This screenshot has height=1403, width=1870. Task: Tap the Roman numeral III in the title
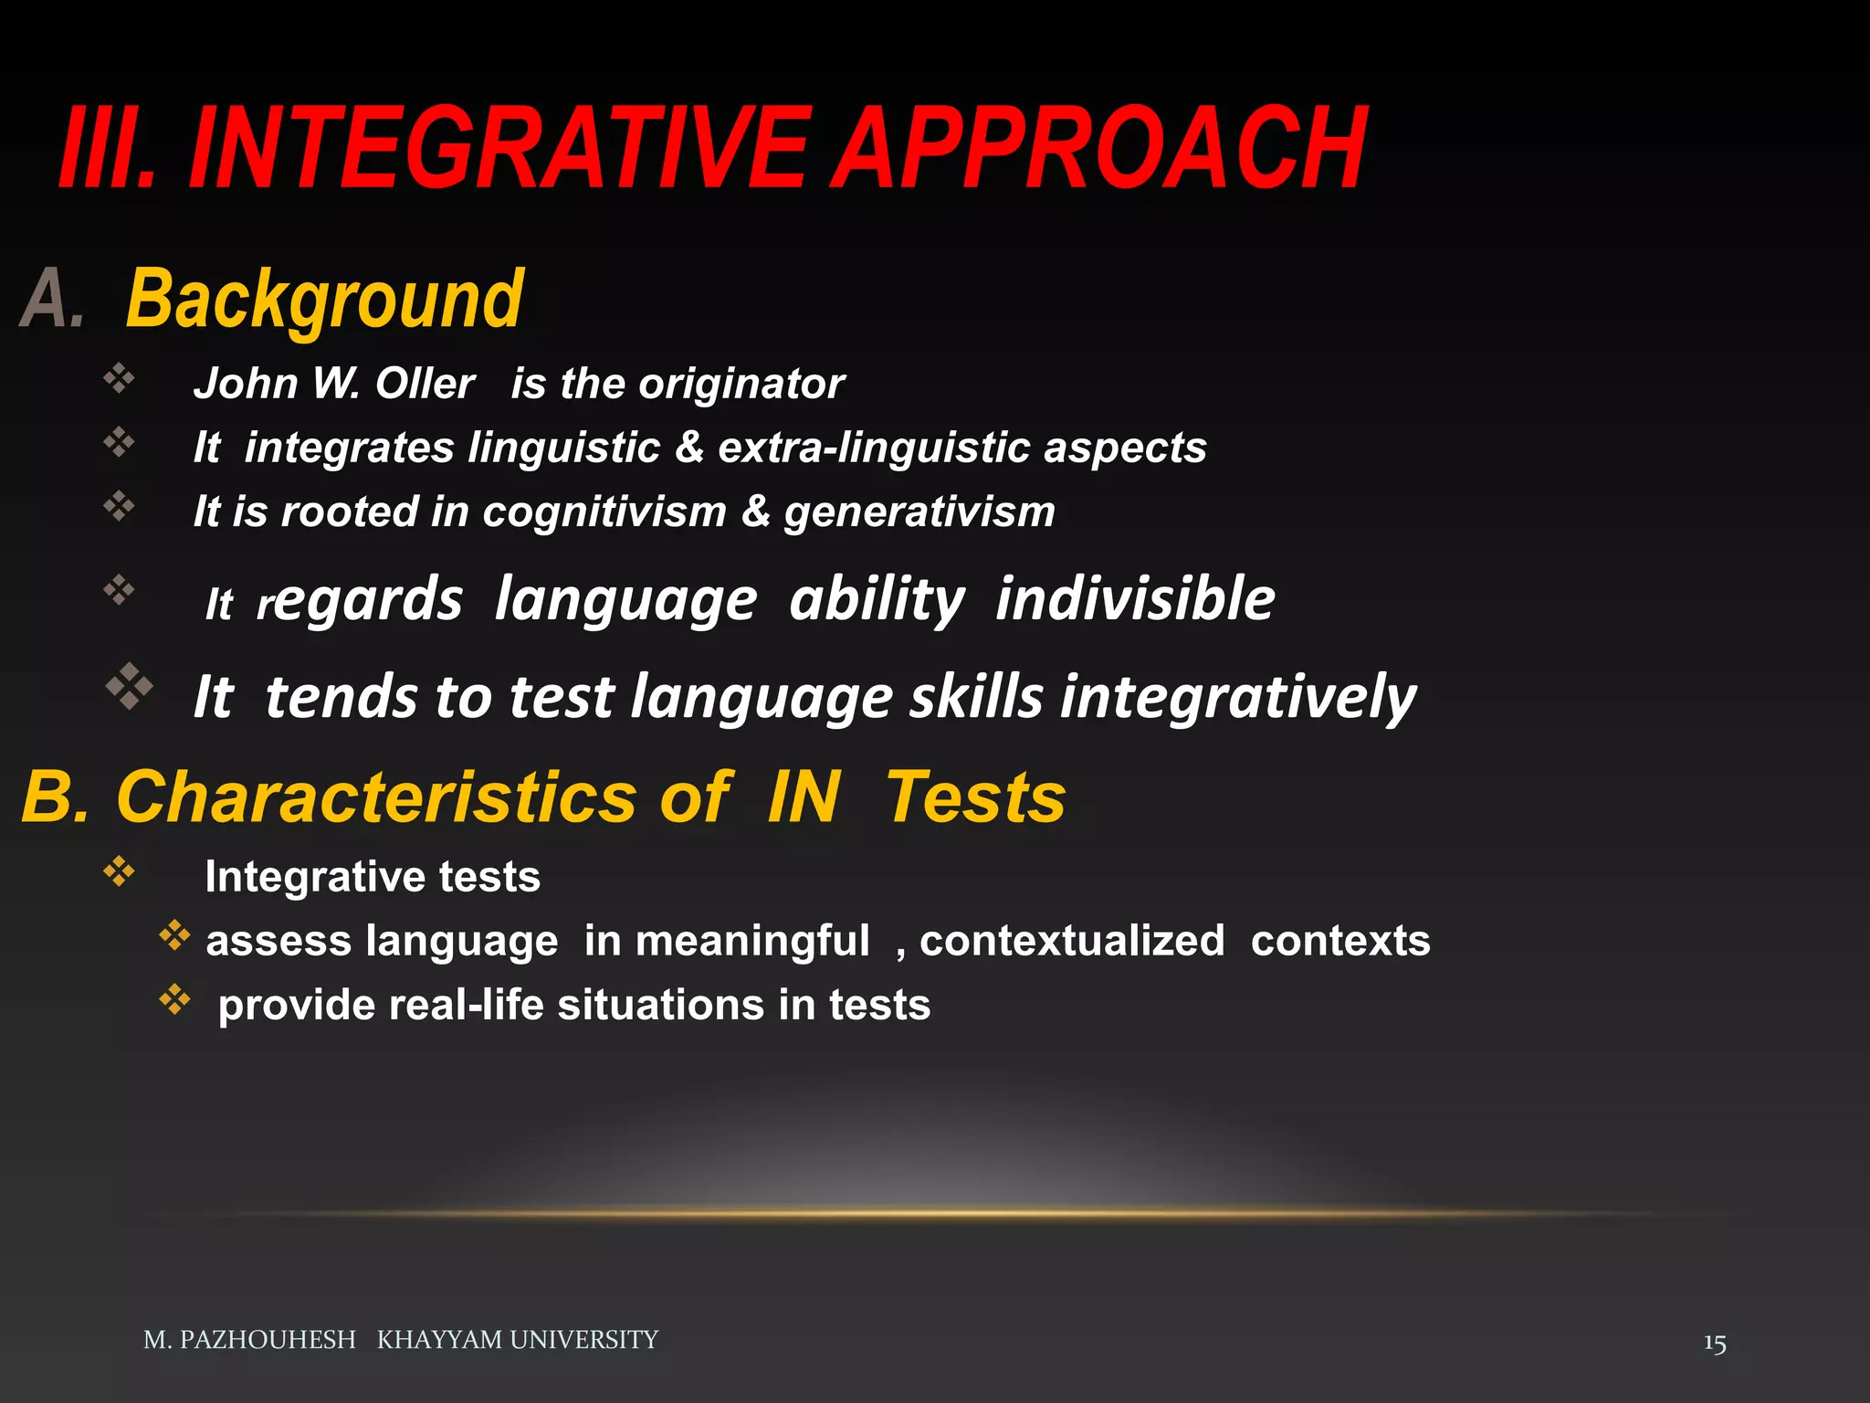point(100,149)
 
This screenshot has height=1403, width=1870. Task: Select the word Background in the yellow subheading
point(324,300)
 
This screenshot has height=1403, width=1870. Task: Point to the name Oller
point(425,384)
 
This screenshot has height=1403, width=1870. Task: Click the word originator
point(741,384)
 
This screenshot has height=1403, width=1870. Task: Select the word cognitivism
point(604,512)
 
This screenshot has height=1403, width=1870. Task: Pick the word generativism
point(919,512)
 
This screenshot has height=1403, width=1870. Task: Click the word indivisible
point(1135,599)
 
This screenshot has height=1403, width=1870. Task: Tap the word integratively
point(1237,698)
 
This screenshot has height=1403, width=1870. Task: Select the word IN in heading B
point(803,796)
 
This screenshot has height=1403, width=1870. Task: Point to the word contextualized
point(1072,941)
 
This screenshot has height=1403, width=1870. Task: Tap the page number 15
point(1714,1344)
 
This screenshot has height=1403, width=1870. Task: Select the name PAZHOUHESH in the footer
point(267,1340)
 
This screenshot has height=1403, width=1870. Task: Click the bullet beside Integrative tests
point(119,871)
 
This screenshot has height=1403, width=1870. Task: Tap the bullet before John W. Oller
point(119,377)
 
